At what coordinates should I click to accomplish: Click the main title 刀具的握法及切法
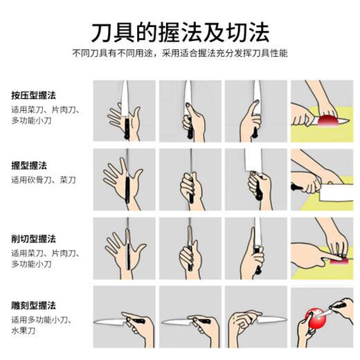pyautogui.click(x=180, y=32)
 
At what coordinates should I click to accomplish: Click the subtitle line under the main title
pyautogui.click(x=180, y=53)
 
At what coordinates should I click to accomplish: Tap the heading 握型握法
pyautogui.click(x=28, y=167)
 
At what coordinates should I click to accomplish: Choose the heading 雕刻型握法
pyautogui.click(x=33, y=305)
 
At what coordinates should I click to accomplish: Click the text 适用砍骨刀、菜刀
pyautogui.click(x=43, y=181)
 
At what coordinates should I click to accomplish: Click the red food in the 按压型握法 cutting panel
pyautogui.click(x=325, y=122)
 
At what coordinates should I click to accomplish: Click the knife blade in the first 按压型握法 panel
pyautogui.click(x=125, y=95)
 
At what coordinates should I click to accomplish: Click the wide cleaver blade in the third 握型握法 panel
pyautogui.click(x=258, y=163)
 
